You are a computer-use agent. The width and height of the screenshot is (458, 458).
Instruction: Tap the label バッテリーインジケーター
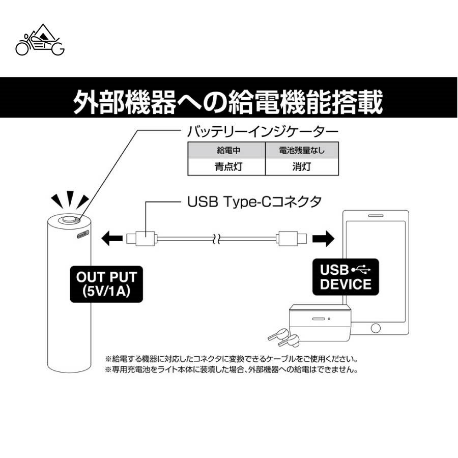click(263, 132)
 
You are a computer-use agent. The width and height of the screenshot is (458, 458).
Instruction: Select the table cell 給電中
click(226, 151)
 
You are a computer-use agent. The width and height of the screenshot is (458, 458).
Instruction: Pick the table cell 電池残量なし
click(302, 151)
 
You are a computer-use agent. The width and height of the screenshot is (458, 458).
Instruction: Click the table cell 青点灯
click(226, 166)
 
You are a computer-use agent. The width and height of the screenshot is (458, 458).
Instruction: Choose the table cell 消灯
click(302, 166)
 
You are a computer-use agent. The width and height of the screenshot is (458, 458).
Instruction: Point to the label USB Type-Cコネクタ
click(254, 202)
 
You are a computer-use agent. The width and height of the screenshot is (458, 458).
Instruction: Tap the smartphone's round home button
click(376, 328)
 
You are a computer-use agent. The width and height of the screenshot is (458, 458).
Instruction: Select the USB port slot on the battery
click(83, 235)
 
